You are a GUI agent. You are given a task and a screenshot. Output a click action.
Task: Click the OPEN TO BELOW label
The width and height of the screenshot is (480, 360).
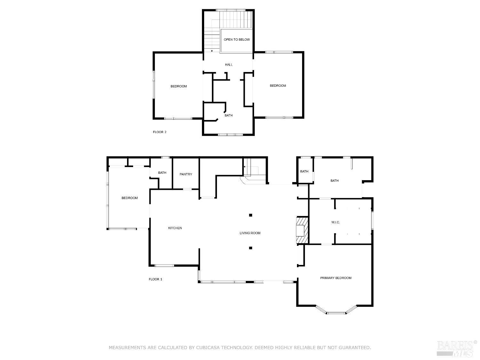click(x=236, y=40)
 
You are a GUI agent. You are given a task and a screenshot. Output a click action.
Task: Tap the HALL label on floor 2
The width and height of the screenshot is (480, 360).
click(x=228, y=65)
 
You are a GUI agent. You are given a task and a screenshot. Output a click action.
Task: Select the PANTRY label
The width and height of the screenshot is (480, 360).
click(x=186, y=174)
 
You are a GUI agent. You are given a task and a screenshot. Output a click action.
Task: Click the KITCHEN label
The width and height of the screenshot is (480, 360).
click(x=175, y=228)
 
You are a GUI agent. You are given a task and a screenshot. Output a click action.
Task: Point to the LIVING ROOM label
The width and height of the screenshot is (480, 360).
click(x=250, y=233)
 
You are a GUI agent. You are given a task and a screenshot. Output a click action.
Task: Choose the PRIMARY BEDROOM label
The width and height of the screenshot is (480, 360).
click(x=336, y=278)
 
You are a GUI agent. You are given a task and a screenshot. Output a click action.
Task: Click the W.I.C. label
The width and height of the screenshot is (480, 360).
click(x=335, y=222)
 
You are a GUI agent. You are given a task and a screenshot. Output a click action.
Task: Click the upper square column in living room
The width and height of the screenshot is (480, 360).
click(x=251, y=215)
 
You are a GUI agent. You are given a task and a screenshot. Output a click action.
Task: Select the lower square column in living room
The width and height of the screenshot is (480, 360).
click(x=251, y=248)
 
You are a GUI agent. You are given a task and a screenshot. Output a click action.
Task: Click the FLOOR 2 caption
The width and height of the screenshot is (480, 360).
click(x=159, y=132)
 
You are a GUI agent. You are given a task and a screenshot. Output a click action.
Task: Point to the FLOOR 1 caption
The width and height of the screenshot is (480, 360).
click(x=156, y=279)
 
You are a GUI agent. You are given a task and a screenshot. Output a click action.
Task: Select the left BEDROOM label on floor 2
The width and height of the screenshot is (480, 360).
click(x=179, y=86)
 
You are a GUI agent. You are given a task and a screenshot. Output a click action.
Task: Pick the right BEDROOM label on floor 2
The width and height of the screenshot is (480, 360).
click(x=278, y=86)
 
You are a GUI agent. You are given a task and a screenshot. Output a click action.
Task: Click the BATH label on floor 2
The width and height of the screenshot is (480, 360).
click(x=228, y=116)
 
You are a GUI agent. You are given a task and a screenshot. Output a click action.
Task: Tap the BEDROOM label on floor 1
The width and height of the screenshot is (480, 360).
click(x=130, y=198)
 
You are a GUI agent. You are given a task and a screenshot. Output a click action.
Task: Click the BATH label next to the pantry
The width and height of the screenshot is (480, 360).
click(x=162, y=173)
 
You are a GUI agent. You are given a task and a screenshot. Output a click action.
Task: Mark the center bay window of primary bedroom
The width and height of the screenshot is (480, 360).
click(x=336, y=313)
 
